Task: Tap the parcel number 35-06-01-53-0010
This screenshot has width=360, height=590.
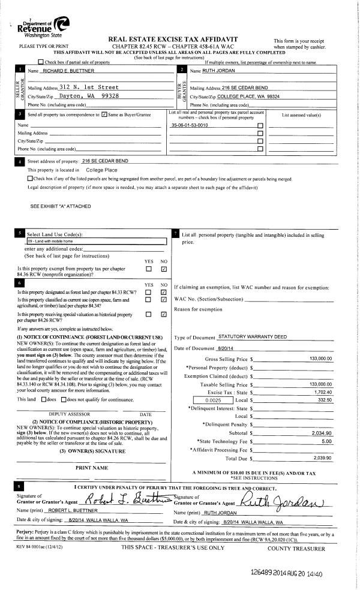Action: click(x=190, y=125)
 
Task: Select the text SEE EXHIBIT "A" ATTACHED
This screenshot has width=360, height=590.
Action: click(x=61, y=206)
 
